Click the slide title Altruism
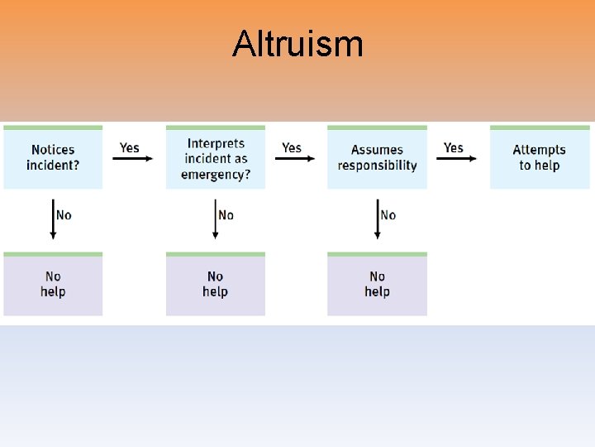297,44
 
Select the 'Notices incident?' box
53,157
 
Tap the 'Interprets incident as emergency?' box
216,157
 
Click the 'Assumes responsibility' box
377,157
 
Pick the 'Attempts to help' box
539,157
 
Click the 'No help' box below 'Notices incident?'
53,284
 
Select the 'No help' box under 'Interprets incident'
216,284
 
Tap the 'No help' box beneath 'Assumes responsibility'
377,284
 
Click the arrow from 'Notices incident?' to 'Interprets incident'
133,159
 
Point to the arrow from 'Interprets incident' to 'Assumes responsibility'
295,159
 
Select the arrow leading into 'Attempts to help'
457,159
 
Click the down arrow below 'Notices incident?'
54,219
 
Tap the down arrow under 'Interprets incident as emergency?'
216,219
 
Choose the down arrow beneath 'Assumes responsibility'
378,219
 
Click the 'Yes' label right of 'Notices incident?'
130,147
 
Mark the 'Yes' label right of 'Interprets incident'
292,147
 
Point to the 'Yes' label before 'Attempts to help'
454,147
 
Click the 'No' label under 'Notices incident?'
64,215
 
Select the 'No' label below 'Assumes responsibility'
388,215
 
